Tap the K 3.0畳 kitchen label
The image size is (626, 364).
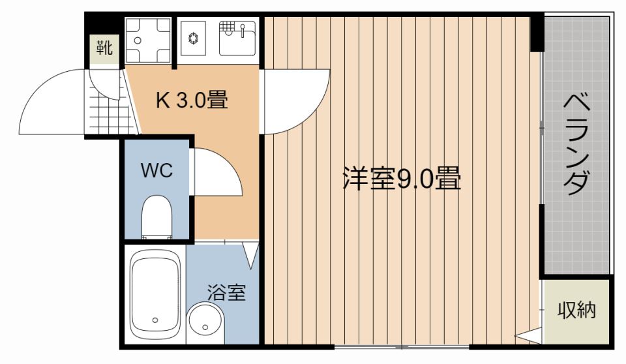tap(192, 100)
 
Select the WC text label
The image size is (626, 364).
tap(157, 171)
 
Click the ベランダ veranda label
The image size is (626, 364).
tap(576, 144)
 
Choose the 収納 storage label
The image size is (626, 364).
tap(576, 310)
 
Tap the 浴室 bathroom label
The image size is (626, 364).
tap(226, 292)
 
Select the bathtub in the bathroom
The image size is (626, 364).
tap(155, 294)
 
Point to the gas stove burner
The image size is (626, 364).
tap(193, 38)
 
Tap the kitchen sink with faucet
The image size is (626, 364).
tap(237, 38)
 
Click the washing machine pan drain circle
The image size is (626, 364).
tap(138, 40)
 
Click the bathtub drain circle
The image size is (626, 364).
tap(155, 320)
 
